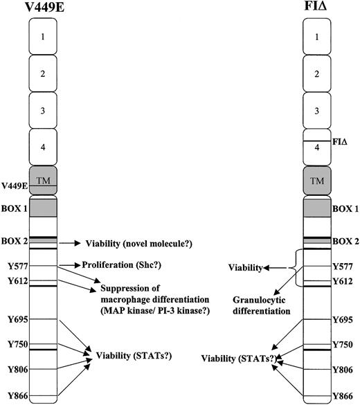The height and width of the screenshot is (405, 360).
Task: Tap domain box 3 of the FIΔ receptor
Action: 316,110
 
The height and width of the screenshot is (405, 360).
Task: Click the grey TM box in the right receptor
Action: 316,181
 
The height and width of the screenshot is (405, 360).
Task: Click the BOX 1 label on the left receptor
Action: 15,207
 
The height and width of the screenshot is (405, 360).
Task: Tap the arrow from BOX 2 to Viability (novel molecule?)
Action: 69,244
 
